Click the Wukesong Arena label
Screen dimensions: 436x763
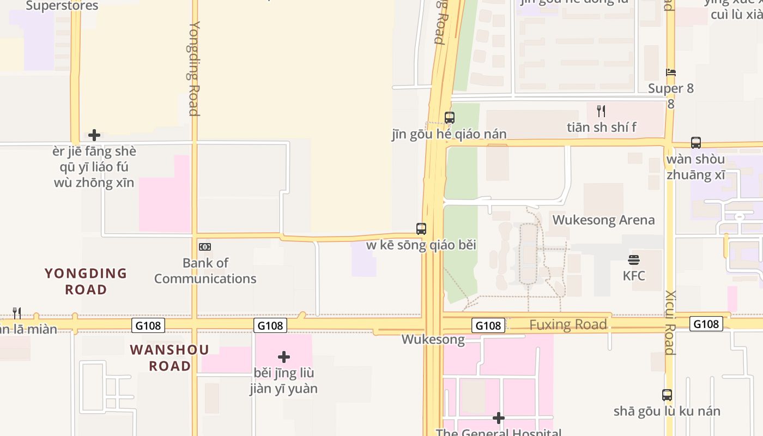pyautogui.click(x=603, y=220)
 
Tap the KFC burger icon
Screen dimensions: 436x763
pyautogui.click(x=633, y=259)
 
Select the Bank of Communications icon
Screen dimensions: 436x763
pyautogui.click(x=205, y=247)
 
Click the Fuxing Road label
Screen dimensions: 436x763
pyautogui.click(x=568, y=325)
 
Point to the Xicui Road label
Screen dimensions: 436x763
pyautogui.click(x=670, y=323)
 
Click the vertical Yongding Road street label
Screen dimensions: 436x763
pyautogui.click(x=194, y=68)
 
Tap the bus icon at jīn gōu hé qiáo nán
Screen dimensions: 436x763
pyautogui.click(x=450, y=117)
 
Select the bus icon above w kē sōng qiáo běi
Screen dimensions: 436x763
pyautogui.click(x=421, y=228)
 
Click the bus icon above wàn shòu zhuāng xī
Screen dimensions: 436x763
pyautogui.click(x=696, y=143)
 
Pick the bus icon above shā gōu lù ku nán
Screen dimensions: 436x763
pyautogui.click(x=667, y=395)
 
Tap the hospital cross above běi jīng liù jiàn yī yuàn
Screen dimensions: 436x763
pyautogui.click(x=284, y=357)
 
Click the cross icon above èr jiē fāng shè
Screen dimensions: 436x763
pyautogui.click(x=94, y=135)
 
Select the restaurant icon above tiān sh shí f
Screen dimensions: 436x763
pyautogui.click(x=601, y=111)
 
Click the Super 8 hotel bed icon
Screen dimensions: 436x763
pyautogui.click(x=671, y=72)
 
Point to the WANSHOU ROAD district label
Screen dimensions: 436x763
pyautogui.click(x=169, y=358)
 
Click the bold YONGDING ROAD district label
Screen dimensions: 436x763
pyautogui.click(x=86, y=281)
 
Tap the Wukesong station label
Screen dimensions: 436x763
pyautogui.click(x=433, y=340)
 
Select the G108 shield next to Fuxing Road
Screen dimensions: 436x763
pyautogui.click(x=488, y=325)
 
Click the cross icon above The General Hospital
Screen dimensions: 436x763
pyautogui.click(x=498, y=418)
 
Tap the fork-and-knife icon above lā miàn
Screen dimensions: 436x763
pyautogui.click(x=17, y=313)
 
